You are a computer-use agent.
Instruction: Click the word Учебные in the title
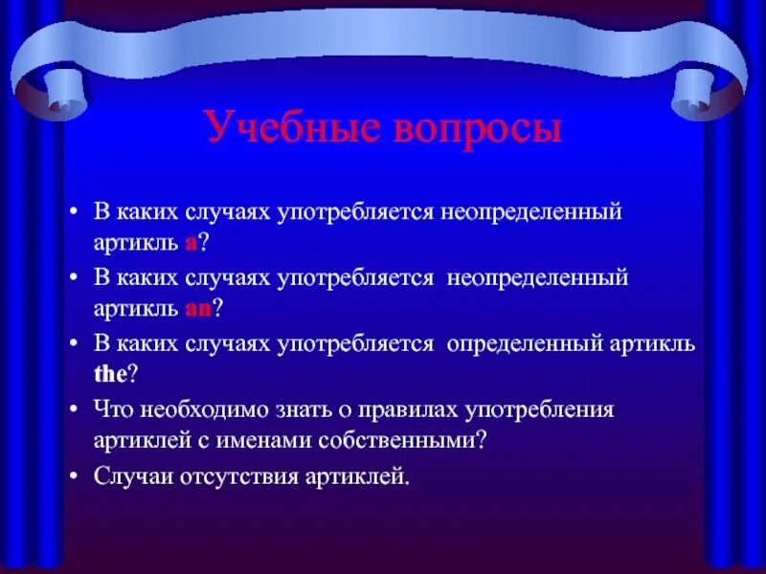click(293, 128)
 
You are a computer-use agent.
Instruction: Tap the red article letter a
click(191, 244)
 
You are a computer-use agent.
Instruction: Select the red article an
click(198, 309)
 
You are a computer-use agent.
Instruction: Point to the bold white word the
click(110, 374)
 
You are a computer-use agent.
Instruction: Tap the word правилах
click(409, 410)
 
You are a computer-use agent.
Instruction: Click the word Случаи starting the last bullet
click(133, 475)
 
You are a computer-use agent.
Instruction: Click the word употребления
click(539, 410)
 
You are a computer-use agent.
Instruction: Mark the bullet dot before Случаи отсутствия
click(74, 475)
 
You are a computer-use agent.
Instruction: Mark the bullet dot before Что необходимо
click(74, 408)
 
